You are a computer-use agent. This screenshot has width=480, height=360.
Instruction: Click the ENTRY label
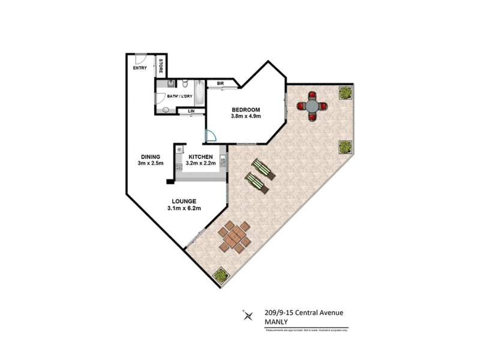(x=140, y=68)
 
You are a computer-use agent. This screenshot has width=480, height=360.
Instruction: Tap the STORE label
(x=161, y=67)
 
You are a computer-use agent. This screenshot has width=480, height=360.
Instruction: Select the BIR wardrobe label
(x=212, y=83)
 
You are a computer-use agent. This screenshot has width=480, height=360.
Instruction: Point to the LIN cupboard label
(x=191, y=112)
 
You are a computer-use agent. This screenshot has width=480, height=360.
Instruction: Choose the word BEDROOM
(x=246, y=109)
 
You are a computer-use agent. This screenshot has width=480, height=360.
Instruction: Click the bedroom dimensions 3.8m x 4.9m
(x=246, y=116)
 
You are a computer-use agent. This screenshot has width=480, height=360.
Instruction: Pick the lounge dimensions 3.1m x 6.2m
(x=184, y=208)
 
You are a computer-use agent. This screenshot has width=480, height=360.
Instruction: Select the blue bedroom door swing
(x=211, y=136)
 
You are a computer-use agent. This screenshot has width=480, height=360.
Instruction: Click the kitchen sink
(x=223, y=160)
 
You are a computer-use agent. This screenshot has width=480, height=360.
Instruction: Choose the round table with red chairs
(x=313, y=106)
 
